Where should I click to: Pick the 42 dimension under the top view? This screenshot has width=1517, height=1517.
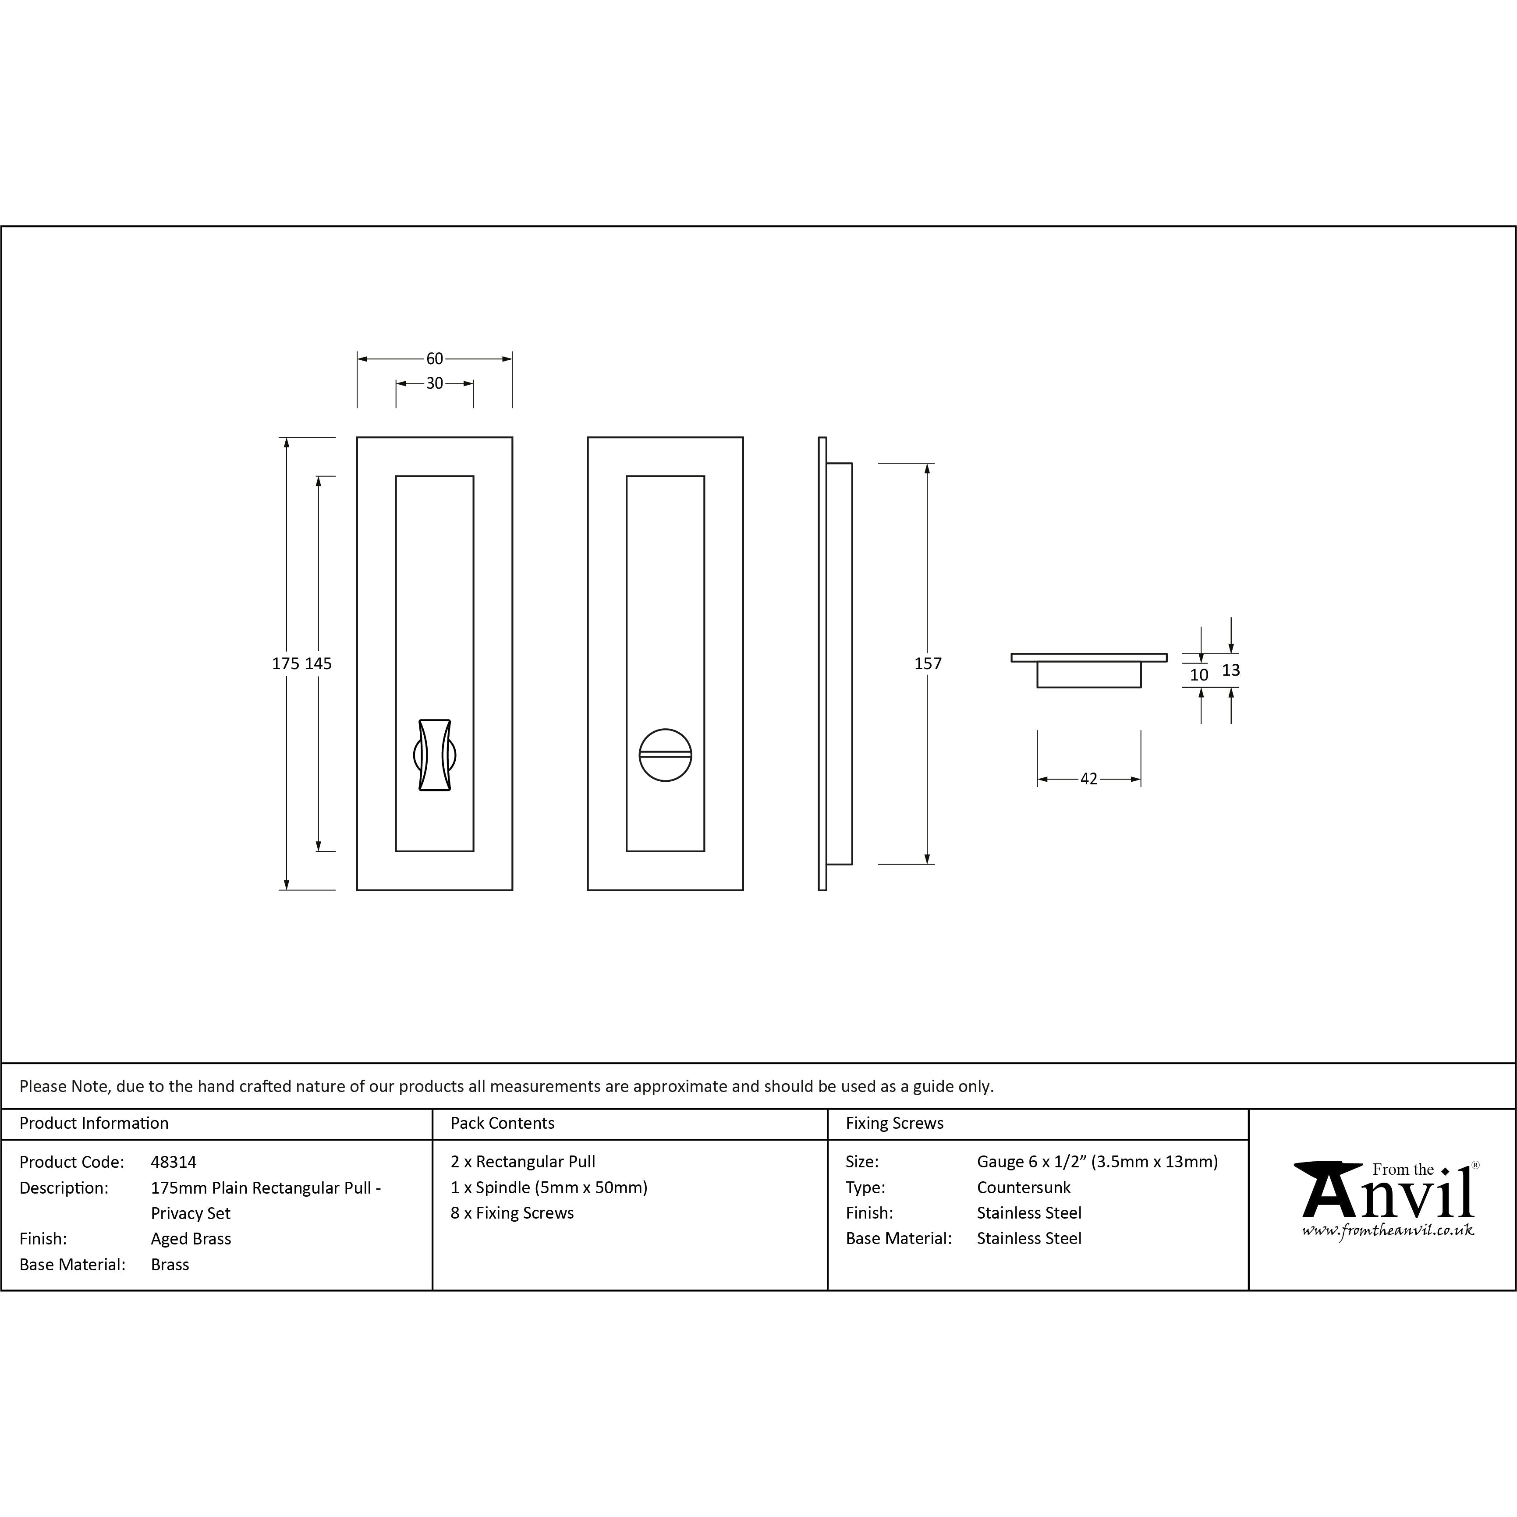pos(1088,779)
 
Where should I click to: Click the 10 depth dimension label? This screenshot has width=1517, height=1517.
pos(1199,674)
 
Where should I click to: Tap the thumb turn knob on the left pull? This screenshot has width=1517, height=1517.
pos(434,755)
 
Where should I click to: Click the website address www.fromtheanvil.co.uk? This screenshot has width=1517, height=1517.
pos(1387,1230)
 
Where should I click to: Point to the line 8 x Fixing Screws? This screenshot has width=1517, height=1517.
pos(512,1213)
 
